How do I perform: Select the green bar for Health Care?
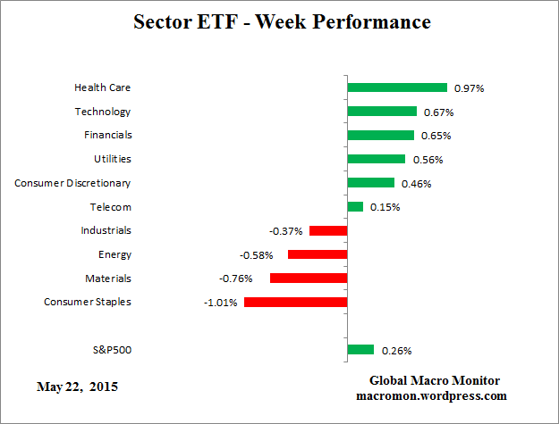coord(396,87)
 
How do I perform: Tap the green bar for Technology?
coord(382,112)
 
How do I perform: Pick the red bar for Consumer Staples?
coord(295,302)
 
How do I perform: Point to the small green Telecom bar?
coord(355,206)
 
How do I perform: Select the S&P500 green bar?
coord(360,349)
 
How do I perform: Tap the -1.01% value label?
coord(220,303)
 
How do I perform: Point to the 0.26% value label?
coord(396,350)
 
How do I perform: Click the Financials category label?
coord(103,136)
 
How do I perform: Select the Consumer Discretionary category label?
coord(72,183)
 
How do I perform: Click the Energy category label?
coord(114,254)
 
